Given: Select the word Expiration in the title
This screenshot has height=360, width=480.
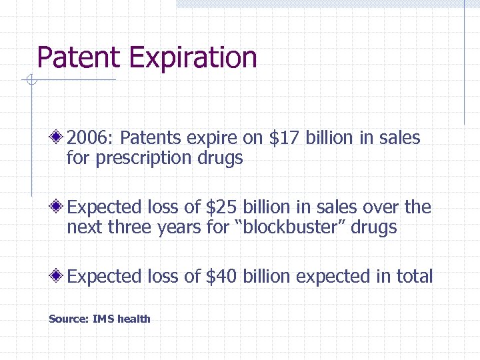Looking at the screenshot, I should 193,59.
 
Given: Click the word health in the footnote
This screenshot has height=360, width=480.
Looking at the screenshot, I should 134,319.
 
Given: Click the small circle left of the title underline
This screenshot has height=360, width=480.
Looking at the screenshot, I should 29,81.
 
